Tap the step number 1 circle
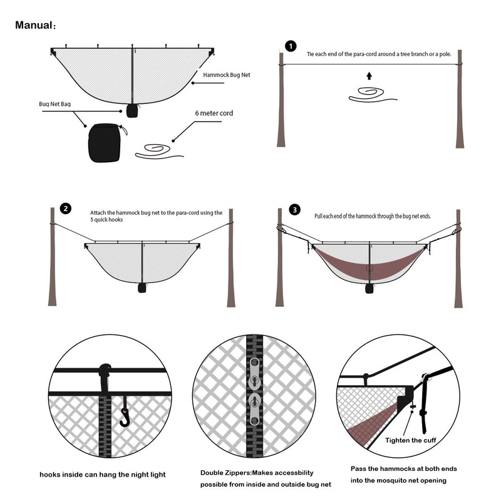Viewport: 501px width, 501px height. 290,46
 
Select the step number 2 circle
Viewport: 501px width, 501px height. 66,209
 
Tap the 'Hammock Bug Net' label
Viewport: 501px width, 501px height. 227,75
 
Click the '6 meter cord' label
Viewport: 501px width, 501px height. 214,113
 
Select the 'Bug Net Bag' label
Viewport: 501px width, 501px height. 53,104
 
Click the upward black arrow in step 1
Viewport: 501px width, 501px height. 369,76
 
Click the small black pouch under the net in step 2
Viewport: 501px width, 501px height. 143,288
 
